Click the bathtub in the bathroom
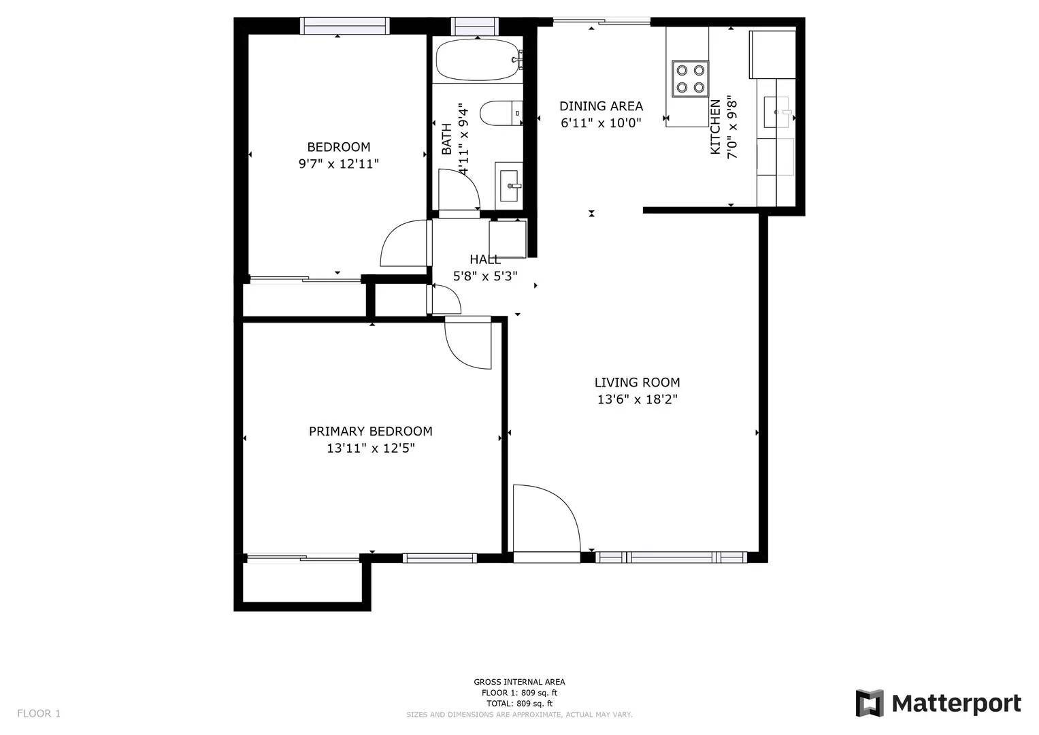coord(477,59)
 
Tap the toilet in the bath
coord(501,113)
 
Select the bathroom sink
coord(509,186)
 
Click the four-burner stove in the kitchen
coord(690,78)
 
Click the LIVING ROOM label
coord(637,382)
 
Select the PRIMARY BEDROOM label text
coord(371,431)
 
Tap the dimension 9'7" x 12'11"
coord(339,164)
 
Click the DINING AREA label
coord(601,106)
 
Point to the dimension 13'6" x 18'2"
coord(638,399)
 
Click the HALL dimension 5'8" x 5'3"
coord(485,276)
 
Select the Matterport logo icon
coord(869,703)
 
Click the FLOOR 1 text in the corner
coord(39,713)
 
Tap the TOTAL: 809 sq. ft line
coord(520,704)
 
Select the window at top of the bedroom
coord(345,26)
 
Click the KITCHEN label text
coord(715,127)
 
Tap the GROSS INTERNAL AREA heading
coord(520,682)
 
